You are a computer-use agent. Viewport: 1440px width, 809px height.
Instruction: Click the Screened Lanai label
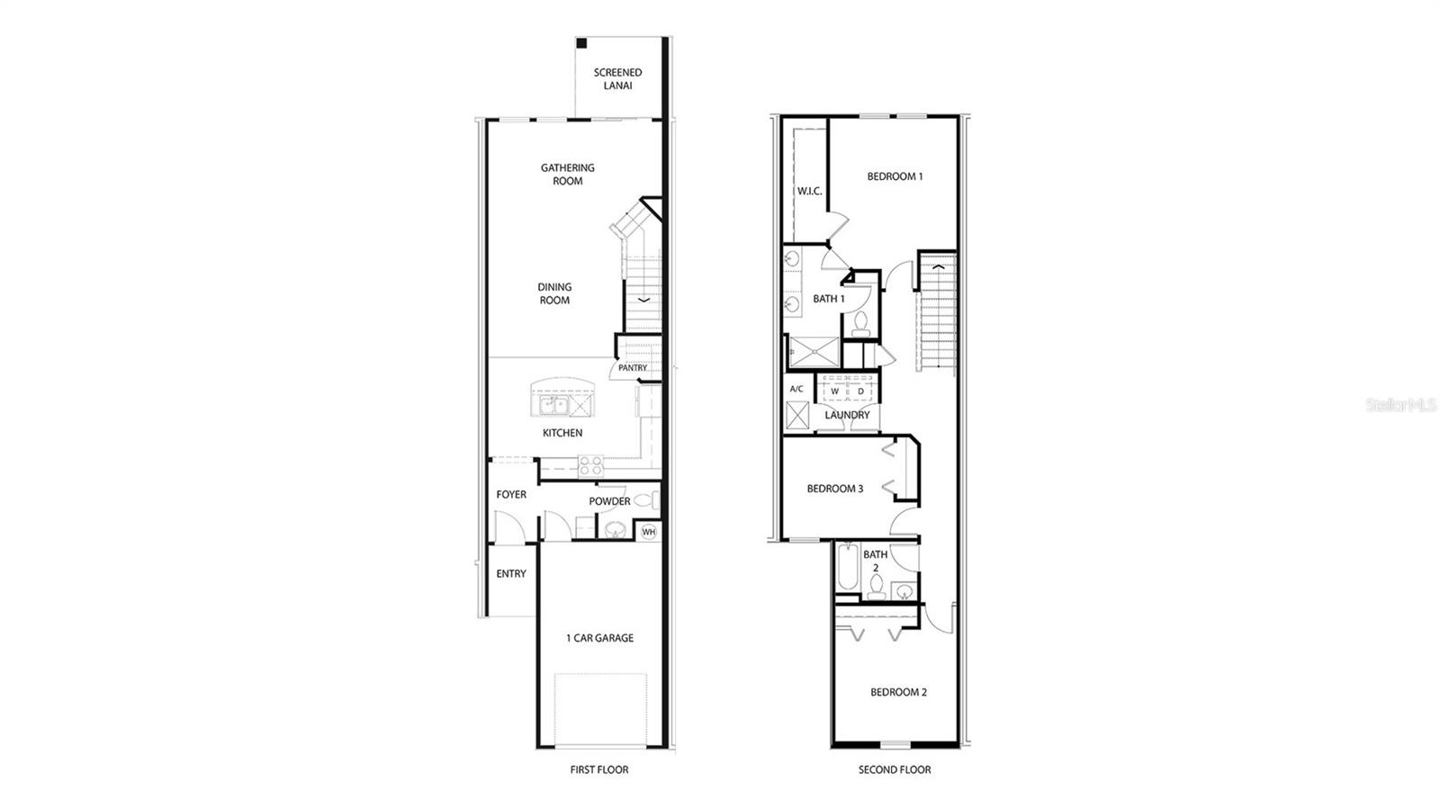(617, 78)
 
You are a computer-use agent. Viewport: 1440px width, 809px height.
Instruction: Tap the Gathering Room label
(567, 174)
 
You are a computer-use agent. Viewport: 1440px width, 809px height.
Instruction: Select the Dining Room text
(554, 293)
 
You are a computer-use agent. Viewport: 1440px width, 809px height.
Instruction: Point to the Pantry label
(632, 367)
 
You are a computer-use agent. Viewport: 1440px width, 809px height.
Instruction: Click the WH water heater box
(648, 532)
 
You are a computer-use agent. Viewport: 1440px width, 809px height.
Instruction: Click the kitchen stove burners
(590, 465)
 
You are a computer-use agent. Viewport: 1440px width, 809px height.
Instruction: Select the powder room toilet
(644, 500)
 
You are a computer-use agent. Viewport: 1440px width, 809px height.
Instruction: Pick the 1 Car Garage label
(599, 638)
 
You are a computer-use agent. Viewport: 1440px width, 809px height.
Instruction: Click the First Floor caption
(599, 769)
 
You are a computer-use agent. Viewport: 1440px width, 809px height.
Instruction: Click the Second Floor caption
(895, 769)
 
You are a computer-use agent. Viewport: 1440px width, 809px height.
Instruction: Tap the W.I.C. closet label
(809, 191)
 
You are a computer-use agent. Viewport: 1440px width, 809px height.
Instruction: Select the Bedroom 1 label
(895, 176)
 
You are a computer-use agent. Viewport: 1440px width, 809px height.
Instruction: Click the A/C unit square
(797, 415)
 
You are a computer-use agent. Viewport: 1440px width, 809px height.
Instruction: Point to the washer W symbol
(834, 391)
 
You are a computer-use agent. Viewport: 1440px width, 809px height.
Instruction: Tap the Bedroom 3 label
(834, 489)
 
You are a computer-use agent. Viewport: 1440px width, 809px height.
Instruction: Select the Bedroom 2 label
(898, 692)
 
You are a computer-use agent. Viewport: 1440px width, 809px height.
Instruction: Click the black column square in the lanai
(582, 43)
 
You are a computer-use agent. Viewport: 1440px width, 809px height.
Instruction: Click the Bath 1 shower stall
(813, 352)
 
